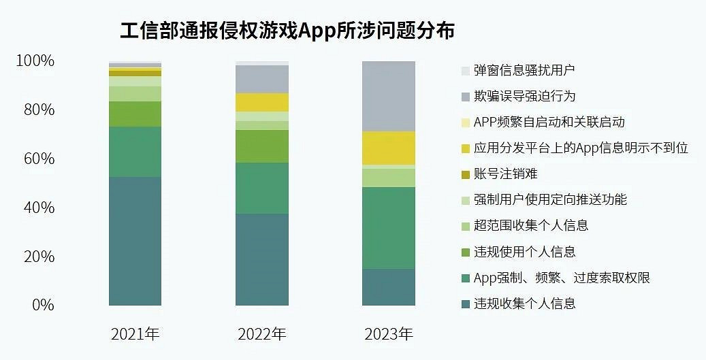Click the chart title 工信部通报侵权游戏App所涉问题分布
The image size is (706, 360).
(287, 31)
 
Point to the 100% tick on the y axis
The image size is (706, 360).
(35, 61)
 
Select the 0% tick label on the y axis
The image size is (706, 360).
(42, 305)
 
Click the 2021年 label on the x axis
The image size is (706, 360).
(135, 334)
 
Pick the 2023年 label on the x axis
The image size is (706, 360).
(388, 334)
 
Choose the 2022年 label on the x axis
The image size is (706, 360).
(261, 334)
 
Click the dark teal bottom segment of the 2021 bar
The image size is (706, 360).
(135, 241)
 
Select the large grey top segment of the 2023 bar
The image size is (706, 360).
(388, 96)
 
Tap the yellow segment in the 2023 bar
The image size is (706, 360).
(388, 148)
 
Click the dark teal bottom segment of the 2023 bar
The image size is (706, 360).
(388, 287)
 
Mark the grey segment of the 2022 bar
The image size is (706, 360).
(261, 79)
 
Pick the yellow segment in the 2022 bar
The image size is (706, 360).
(261, 102)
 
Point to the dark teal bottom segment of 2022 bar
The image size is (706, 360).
(261, 259)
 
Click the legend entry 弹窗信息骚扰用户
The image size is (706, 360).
(525, 70)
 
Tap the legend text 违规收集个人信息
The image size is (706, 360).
(525, 304)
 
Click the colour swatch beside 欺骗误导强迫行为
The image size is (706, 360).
(465, 97)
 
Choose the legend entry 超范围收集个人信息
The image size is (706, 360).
(530, 225)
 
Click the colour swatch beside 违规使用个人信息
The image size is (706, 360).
(465, 252)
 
